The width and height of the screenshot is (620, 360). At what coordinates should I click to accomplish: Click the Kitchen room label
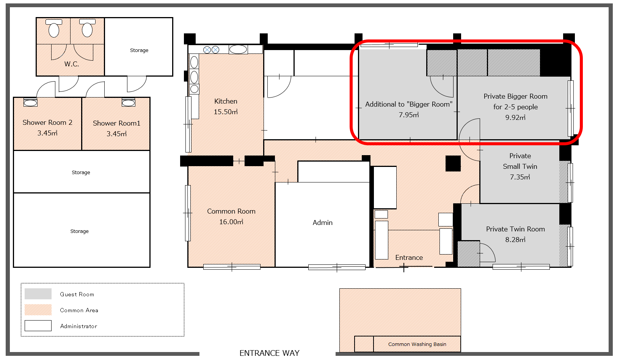226,101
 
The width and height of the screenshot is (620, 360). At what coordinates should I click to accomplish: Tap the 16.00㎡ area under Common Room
231,222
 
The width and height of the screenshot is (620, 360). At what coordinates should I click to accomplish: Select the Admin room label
322,223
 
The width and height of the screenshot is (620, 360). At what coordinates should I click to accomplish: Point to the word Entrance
409,258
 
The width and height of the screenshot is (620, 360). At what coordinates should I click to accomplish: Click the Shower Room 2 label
47,123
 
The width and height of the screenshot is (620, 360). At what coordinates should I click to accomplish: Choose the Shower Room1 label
116,123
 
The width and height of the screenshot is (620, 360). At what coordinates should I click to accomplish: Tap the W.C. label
72,64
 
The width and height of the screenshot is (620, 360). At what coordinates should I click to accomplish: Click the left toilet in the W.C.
54,28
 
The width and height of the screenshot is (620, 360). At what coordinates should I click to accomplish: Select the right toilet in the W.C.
87,28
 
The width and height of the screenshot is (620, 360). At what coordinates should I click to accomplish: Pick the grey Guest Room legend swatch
38,294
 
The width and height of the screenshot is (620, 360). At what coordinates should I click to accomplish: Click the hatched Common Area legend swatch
38,310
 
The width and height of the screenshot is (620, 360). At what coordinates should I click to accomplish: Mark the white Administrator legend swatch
38,325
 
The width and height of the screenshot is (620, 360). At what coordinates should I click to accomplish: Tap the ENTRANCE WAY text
269,353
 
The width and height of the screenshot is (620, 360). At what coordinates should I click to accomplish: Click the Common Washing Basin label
417,344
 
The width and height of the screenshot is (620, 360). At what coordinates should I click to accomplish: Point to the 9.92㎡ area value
515,118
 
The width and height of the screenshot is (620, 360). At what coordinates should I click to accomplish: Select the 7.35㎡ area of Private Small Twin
520,177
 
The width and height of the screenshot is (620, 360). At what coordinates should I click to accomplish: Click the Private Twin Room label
515,229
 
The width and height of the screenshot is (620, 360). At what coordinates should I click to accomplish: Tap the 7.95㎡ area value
408,115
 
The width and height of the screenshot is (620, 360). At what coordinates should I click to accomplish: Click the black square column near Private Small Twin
453,163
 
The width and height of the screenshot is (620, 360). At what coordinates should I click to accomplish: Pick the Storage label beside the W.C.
139,50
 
